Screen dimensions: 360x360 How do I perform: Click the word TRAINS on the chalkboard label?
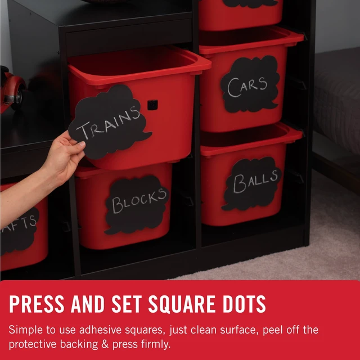108,124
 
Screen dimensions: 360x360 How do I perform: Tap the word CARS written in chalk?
247,87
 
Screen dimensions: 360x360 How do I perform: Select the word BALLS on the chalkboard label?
255,182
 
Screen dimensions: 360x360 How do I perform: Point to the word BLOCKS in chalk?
139,201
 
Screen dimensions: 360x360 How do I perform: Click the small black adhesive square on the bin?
152,105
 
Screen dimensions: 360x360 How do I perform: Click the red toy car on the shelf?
11,89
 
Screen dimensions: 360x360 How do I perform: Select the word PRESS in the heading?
37,304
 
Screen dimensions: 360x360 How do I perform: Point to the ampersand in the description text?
105,344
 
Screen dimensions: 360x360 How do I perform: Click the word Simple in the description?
25,330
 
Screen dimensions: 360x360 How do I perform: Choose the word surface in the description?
238,330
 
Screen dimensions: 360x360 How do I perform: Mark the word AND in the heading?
88,304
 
